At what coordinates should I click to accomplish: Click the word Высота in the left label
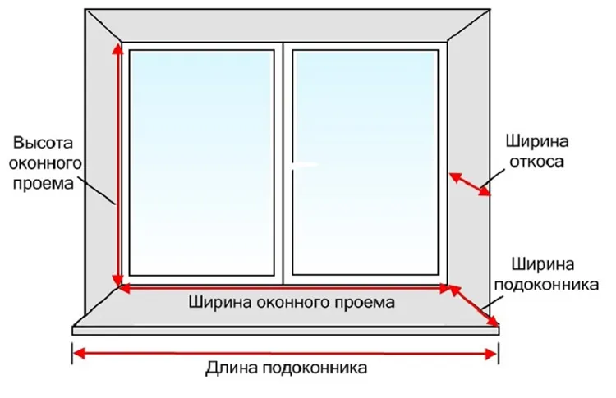click(43, 143)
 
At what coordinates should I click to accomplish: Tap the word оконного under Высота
click(45, 162)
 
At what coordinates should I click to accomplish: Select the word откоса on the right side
click(536, 162)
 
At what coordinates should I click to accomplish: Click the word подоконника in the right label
click(546, 285)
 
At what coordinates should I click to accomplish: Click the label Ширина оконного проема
click(292, 303)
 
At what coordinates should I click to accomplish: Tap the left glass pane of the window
click(201, 162)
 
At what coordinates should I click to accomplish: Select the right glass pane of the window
click(365, 162)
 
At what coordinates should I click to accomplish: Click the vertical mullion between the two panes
click(283, 163)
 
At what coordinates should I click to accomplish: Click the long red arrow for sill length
click(285, 354)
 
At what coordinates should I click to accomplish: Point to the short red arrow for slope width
click(470, 184)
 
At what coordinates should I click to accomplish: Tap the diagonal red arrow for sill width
click(474, 306)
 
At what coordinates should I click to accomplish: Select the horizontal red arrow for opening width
click(284, 289)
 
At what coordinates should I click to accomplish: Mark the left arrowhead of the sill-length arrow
click(79, 354)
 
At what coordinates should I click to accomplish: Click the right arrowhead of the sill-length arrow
click(492, 354)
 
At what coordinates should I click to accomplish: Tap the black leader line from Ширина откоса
click(493, 176)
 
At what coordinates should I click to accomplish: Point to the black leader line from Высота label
click(96, 190)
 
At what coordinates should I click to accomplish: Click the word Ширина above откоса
click(536, 141)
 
